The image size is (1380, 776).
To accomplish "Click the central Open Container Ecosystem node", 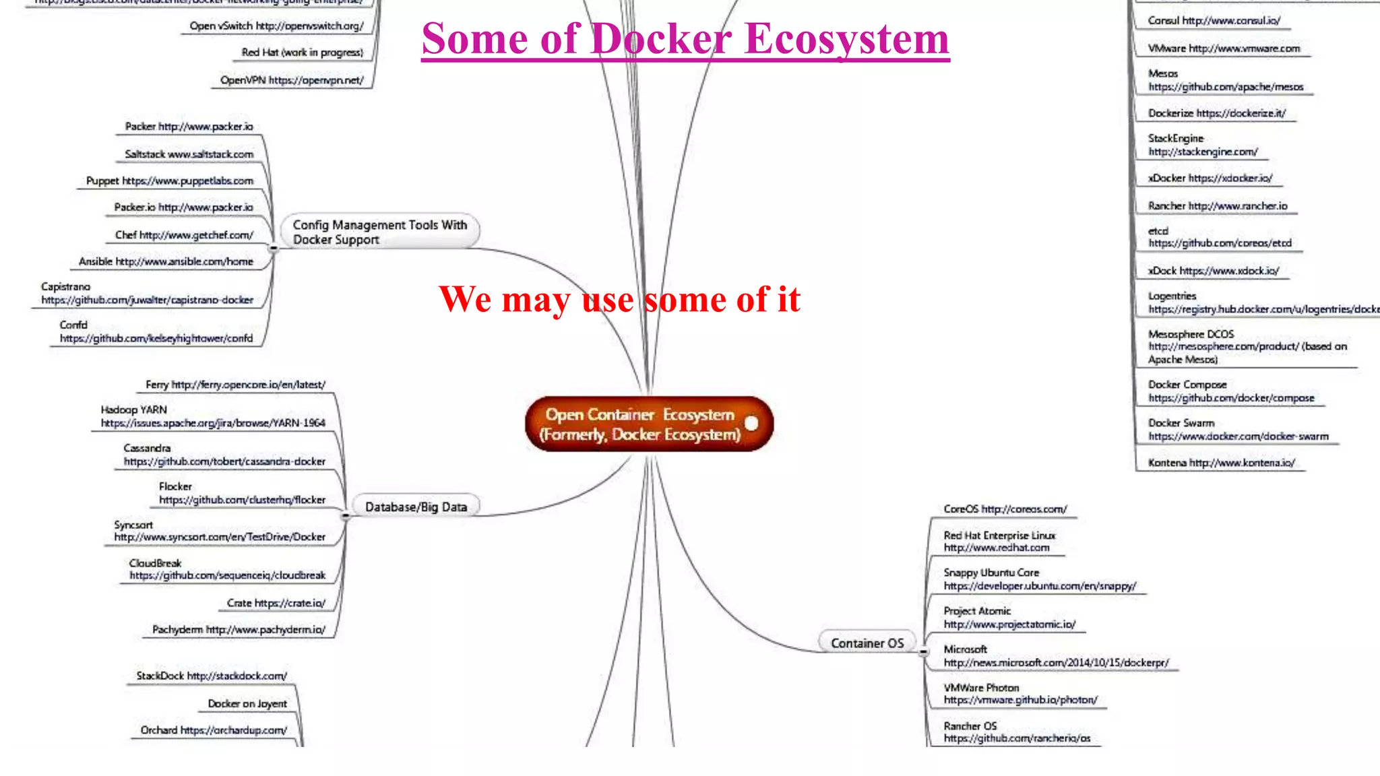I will (640, 424).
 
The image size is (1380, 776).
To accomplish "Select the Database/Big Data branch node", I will (416, 507).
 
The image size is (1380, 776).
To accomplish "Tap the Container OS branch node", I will (867, 643).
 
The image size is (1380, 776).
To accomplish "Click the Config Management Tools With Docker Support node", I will (379, 232).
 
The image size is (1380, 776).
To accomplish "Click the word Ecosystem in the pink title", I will (847, 39).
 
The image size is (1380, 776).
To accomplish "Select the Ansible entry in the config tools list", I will (166, 262).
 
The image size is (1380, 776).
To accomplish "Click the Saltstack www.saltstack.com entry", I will (189, 154).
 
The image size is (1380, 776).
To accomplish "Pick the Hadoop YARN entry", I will (212, 417).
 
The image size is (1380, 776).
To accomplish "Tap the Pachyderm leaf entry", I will (239, 630).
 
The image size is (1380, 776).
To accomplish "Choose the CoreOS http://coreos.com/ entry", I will (1005, 509).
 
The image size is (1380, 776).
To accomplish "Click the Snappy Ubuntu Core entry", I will (1039, 579).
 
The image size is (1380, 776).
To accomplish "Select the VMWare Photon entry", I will (1020, 694).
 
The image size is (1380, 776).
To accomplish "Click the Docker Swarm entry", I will (1238, 430).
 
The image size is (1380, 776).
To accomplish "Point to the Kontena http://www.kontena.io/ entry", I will (1221, 463).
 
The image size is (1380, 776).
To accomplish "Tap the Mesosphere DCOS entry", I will (1247, 347).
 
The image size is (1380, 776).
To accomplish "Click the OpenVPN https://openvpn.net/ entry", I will (292, 80).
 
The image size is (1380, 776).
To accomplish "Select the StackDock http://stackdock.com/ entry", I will (212, 676).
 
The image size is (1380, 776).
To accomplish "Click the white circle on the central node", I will (751, 423).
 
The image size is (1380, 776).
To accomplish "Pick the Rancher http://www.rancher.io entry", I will (1217, 206).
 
